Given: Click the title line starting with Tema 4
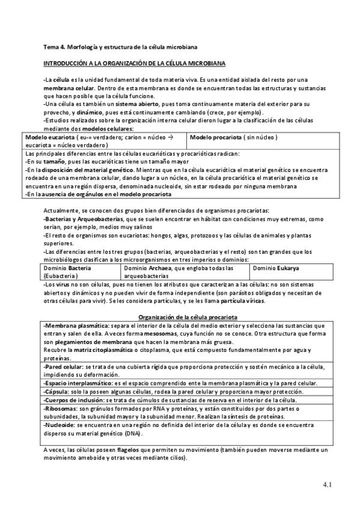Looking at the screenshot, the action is point(120,46).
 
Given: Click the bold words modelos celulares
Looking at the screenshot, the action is point(108,129).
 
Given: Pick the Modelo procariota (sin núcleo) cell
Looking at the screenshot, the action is point(234,138).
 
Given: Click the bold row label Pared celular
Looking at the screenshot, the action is point(64,366).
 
